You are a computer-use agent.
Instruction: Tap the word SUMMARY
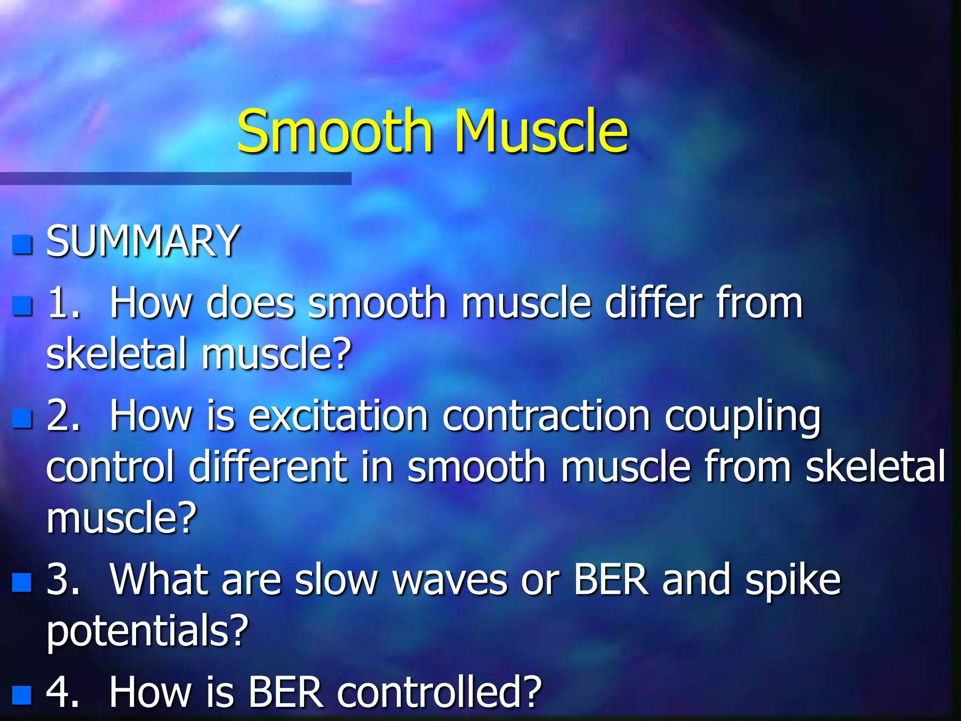pos(143,241)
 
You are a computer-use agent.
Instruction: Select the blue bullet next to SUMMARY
pos(22,244)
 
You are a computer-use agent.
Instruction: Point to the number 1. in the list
pos(63,303)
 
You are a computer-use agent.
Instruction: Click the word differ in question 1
pos(654,302)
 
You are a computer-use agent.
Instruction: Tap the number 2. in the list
pos(63,415)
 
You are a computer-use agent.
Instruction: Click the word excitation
pos(338,415)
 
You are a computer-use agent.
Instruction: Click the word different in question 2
pos(267,467)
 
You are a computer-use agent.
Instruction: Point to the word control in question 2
pos(110,467)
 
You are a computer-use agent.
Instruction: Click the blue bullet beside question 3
pos(22,582)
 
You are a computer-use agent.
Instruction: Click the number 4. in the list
pos(63,692)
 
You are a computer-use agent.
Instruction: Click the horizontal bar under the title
pos(175,178)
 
